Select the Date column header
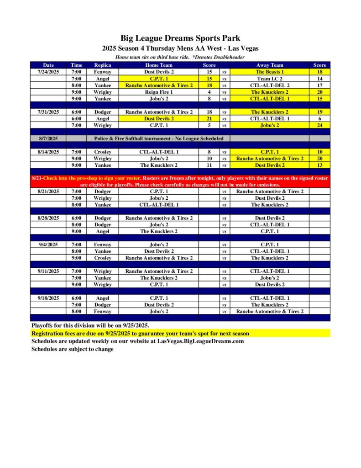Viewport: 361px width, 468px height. (48, 65)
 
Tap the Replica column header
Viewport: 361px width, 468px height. (102, 65)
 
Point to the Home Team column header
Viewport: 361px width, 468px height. (159, 65)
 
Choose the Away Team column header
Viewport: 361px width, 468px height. (270, 65)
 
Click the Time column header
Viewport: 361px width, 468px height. (76, 65)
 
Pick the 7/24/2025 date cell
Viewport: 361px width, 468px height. (48, 72)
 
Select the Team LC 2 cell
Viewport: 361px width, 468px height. (270, 79)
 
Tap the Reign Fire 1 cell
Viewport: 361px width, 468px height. (159, 92)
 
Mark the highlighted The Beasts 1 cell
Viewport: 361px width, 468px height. (270, 72)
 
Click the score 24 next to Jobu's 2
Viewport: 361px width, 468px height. (319, 125)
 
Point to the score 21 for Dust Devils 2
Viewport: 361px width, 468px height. (209, 118)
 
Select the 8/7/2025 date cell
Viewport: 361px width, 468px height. (48, 138)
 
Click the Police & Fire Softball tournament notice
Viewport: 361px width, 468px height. (159, 138)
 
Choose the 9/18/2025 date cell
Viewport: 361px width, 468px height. (48, 298)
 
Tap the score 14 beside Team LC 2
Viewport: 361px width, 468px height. (319, 79)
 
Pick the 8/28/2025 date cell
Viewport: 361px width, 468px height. (48, 218)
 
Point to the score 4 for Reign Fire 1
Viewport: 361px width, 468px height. (209, 92)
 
